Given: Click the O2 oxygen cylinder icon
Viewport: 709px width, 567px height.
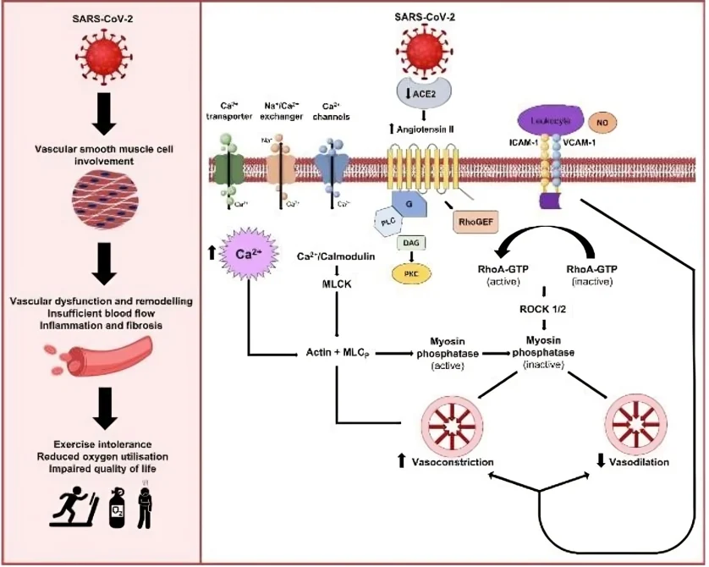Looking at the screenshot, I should [x=118, y=507].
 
